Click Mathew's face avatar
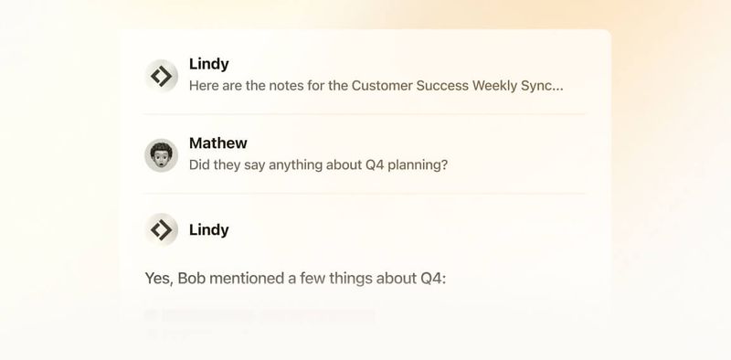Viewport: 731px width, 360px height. click(x=162, y=154)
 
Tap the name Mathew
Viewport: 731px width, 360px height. click(x=217, y=143)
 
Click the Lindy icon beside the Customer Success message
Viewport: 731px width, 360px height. click(x=162, y=76)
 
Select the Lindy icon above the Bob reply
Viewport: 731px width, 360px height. click(x=162, y=229)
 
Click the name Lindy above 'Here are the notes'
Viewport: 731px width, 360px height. click(x=208, y=64)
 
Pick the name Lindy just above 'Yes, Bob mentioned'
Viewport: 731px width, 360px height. click(x=208, y=229)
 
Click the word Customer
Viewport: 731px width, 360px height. click(x=369, y=86)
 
